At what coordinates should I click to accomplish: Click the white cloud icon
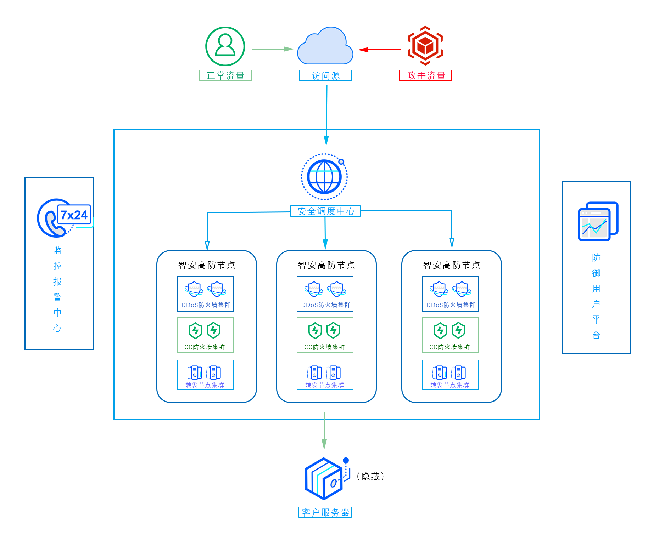[x=325, y=46]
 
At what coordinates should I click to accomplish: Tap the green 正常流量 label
[x=225, y=75]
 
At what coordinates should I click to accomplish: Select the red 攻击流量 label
[x=425, y=75]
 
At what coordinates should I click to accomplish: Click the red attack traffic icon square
[x=425, y=46]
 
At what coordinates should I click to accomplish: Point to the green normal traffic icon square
[x=225, y=46]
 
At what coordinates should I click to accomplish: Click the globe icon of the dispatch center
[x=324, y=177]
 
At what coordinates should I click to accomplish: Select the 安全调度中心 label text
[x=326, y=211]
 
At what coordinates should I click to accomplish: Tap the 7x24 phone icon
[x=65, y=218]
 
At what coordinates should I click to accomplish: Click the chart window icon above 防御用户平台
[x=598, y=222]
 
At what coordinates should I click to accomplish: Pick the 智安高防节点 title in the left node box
[x=207, y=265]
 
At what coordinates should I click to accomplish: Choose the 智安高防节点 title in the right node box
[x=452, y=265]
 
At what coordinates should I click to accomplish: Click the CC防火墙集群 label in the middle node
[x=324, y=347]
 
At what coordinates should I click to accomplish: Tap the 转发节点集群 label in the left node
[x=205, y=385]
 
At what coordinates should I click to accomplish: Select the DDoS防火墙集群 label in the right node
[x=451, y=305]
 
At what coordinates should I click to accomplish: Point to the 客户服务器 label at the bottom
[x=325, y=512]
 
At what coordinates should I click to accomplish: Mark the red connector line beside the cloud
[x=378, y=50]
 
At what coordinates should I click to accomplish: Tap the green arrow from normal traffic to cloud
[x=273, y=49]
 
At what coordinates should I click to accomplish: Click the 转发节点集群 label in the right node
[x=450, y=385]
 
